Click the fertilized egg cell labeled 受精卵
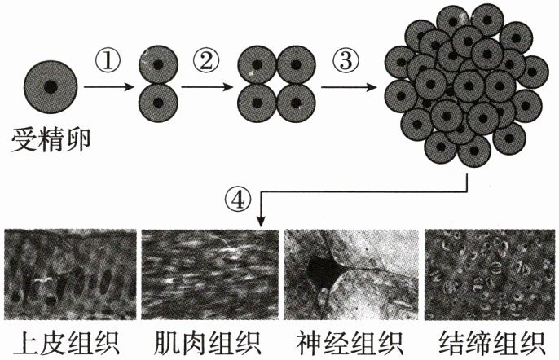pos(51,85)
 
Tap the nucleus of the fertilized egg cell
pos(51,85)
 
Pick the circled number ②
pos(205,59)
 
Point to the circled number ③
pos(346,59)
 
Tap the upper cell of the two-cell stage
pos(160,64)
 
